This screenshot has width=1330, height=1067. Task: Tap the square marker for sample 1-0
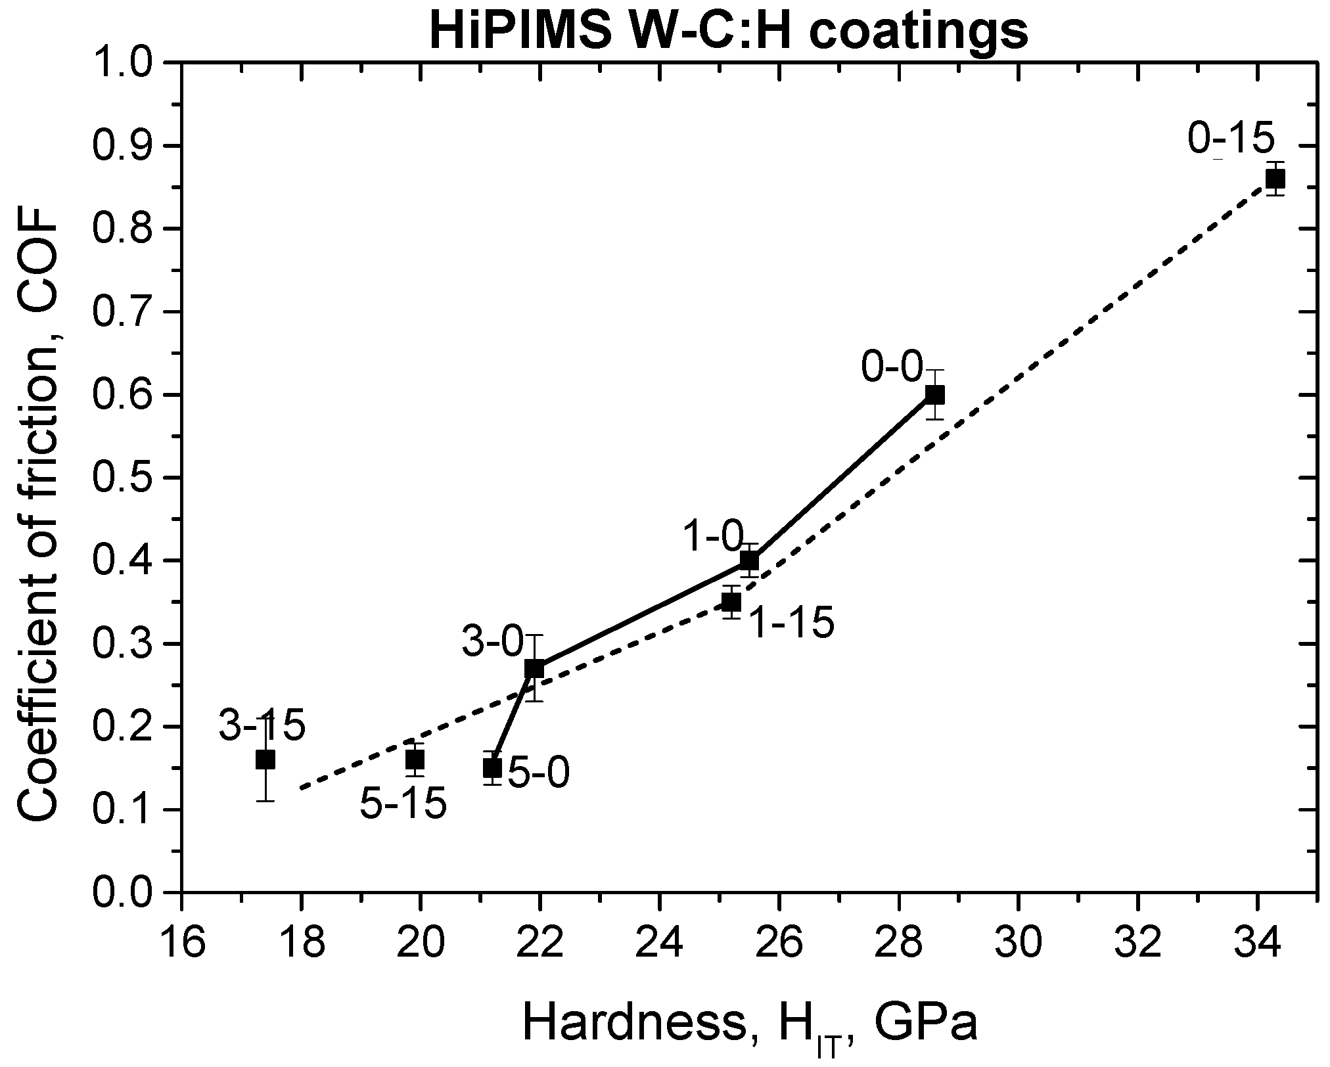click(x=749, y=561)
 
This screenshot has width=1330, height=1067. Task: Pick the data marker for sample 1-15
click(x=731, y=602)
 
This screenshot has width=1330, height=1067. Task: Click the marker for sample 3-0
click(x=534, y=669)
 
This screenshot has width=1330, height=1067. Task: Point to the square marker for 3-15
click(x=265, y=760)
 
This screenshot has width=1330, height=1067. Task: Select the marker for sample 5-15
click(x=414, y=760)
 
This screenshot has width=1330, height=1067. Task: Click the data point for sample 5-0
click(x=492, y=767)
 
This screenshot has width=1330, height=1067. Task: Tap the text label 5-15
click(x=403, y=804)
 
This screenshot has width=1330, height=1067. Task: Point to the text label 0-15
click(x=1231, y=139)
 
